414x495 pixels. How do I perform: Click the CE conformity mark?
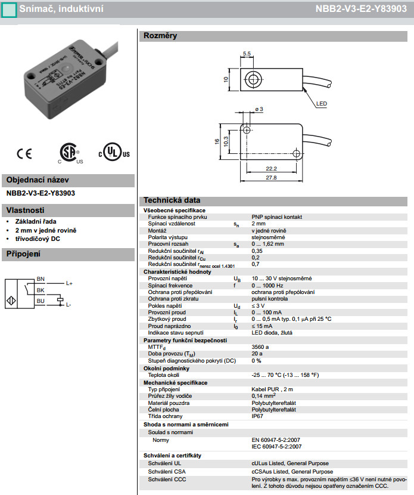(24, 153)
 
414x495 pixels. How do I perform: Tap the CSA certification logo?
(70, 153)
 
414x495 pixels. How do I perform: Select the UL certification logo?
(113, 153)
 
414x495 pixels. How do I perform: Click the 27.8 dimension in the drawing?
(271, 178)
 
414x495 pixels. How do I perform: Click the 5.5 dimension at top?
(247, 54)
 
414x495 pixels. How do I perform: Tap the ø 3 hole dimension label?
(259, 109)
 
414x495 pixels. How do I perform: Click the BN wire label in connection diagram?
(41, 279)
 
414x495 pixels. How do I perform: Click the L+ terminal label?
(69, 283)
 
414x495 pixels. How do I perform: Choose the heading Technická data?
(172, 200)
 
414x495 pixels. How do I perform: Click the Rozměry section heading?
(160, 36)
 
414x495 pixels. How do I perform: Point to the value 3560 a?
(260, 346)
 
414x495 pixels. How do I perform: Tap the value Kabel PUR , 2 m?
(273, 389)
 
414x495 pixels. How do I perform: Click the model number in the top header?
(365, 9)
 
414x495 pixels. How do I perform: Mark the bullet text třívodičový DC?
(38, 239)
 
